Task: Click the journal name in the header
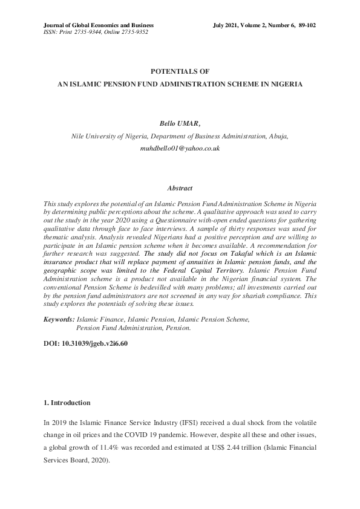click(99, 25)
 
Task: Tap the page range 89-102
click(306, 25)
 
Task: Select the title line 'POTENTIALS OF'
click(180, 71)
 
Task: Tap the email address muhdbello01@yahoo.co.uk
click(180, 148)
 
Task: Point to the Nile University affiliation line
click(180, 136)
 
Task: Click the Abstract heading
click(180, 189)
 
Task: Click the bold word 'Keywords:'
click(59, 319)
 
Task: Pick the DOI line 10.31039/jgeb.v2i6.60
click(85, 343)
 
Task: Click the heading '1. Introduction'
click(67, 403)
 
